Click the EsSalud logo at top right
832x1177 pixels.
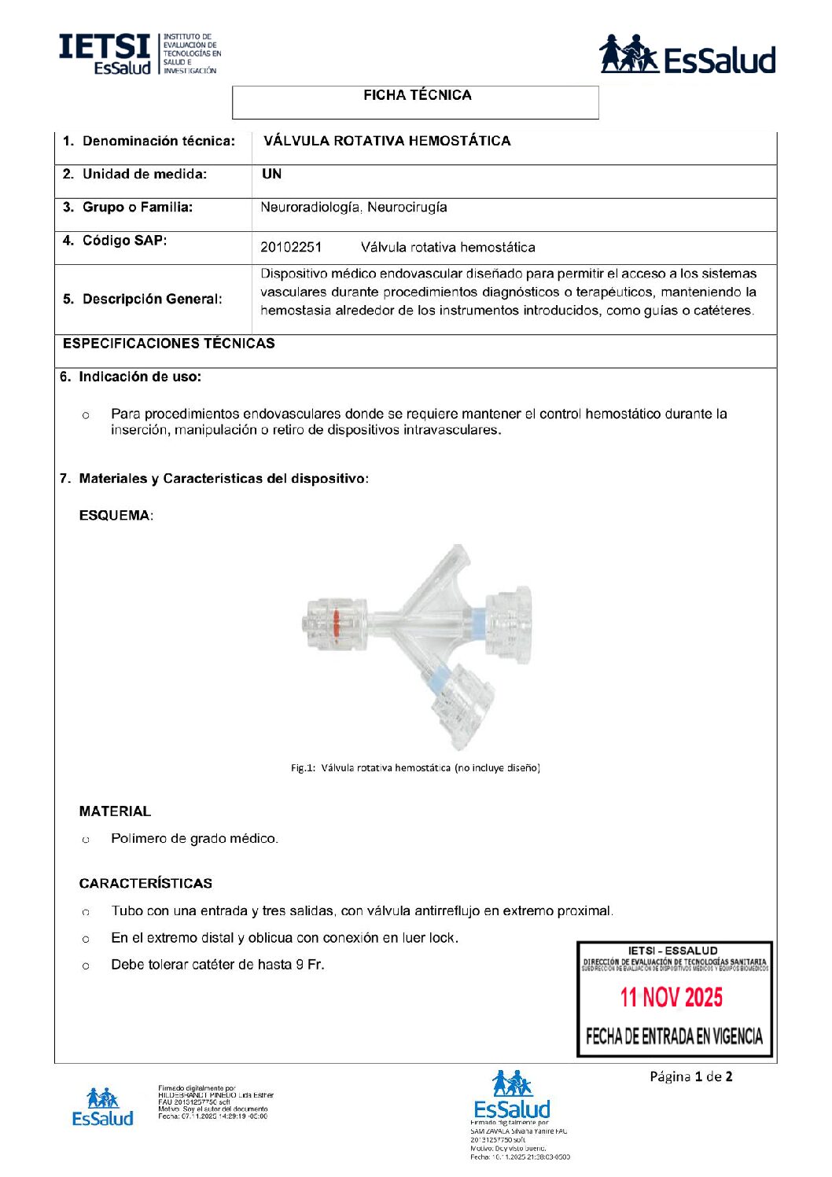click(x=687, y=55)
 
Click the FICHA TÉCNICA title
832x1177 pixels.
click(x=417, y=95)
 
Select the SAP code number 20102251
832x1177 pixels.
click(x=291, y=248)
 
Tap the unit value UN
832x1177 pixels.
click(x=271, y=174)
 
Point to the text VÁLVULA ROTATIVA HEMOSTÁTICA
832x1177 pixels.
click(x=387, y=141)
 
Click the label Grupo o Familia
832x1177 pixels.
click(x=138, y=208)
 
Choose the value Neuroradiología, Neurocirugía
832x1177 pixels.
click(x=354, y=208)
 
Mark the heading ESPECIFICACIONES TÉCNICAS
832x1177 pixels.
click(x=169, y=344)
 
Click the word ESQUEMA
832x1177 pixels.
click(x=115, y=516)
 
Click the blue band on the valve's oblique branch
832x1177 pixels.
click(x=438, y=674)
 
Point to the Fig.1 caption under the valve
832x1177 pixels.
click(x=415, y=767)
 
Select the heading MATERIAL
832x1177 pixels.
click(x=115, y=811)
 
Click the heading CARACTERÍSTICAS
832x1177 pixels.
click(x=145, y=884)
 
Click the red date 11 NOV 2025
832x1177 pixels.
click(x=671, y=998)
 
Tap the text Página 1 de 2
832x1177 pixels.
click(x=690, y=1076)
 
